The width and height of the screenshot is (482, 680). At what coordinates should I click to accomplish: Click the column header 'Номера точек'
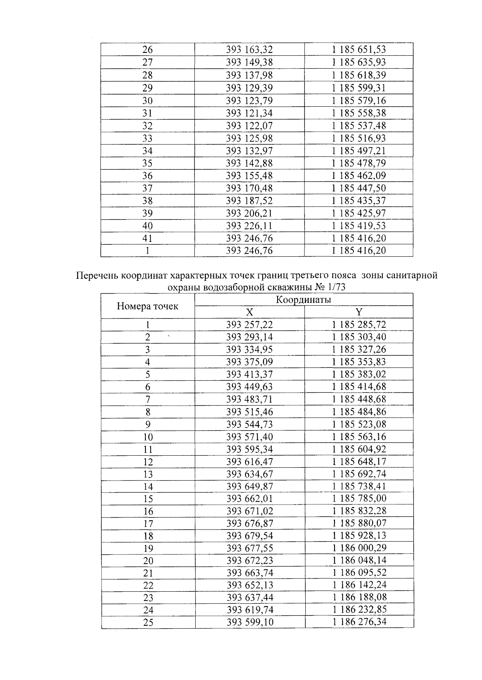coord(147,307)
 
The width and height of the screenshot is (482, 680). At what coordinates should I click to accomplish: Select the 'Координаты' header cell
coord(304,300)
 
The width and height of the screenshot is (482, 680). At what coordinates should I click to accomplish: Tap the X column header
coord(249,312)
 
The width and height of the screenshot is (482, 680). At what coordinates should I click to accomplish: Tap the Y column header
coord(359,312)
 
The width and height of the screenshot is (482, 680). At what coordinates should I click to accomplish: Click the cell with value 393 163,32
coord(249,50)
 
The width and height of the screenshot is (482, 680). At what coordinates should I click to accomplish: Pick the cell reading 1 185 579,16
coord(359,100)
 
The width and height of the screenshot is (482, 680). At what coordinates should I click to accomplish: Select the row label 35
coord(147,163)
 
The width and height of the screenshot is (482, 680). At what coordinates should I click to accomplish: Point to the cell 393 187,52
coord(249,201)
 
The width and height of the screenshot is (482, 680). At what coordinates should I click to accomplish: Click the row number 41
coord(147,238)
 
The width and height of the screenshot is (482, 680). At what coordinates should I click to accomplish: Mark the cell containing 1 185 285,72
coord(359,325)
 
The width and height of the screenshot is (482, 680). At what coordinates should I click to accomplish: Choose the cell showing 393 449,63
coord(249,387)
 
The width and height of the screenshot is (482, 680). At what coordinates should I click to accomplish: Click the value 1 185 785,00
coord(359,498)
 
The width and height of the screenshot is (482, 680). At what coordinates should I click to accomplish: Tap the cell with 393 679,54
coord(249,536)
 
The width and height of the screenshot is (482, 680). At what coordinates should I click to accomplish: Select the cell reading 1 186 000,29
coord(359,548)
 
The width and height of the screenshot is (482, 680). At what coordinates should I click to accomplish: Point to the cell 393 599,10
coord(249,622)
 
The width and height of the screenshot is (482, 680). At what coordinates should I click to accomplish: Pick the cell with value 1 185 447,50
coord(359,188)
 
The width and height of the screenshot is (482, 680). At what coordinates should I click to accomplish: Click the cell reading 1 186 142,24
coord(359,585)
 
